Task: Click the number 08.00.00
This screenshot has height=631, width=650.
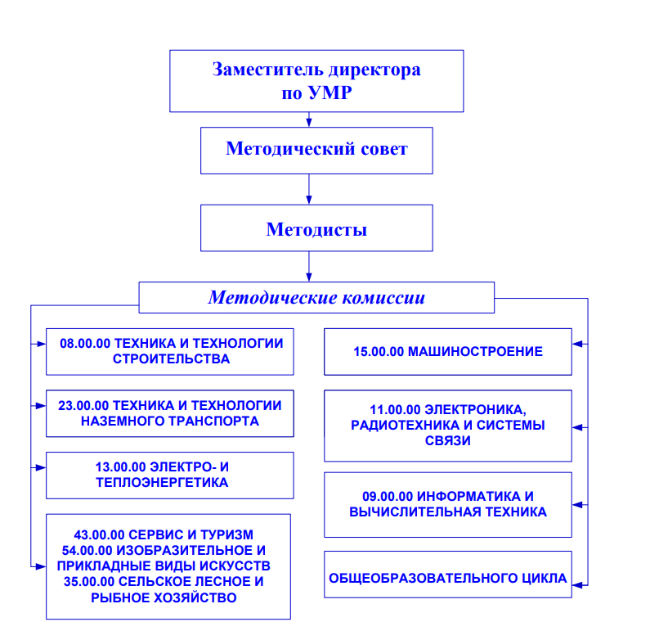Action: (x=85, y=344)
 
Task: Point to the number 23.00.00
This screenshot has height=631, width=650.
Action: (x=83, y=405)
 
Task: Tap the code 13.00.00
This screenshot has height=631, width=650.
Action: (x=121, y=467)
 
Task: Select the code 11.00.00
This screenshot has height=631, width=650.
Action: (x=395, y=410)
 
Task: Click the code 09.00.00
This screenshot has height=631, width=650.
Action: (x=388, y=497)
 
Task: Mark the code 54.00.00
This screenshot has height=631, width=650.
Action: (x=87, y=551)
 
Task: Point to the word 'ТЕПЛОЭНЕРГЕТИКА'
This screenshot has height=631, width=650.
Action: (x=162, y=483)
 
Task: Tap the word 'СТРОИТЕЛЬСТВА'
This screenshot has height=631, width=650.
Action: (x=171, y=358)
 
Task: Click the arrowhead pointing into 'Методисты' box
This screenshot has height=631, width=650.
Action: (x=309, y=200)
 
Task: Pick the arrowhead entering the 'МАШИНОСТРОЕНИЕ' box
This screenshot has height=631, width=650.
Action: (x=577, y=344)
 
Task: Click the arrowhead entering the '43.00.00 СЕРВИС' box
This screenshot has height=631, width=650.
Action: (x=41, y=566)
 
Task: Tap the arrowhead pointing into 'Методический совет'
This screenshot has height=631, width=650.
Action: (x=309, y=123)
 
